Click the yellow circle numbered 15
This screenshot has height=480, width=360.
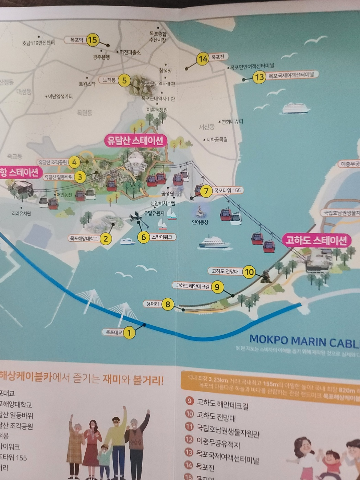tap(92, 40)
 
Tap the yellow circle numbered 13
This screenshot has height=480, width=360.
tap(260, 77)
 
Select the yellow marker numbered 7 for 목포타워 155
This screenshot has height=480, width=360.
tap(206, 191)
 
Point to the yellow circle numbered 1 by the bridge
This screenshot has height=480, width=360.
tap(129, 332)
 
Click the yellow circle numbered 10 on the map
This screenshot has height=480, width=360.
tap(249, 272)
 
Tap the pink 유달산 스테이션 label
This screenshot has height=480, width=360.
tap(135, 141)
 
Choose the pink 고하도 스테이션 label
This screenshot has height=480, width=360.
tap(316, 240)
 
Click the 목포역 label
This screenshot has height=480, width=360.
tap(76, 40)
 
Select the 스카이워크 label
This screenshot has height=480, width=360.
tap(162, 237)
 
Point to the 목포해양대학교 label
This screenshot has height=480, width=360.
tap(84, 238)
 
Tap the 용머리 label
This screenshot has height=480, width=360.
tap(152, 304)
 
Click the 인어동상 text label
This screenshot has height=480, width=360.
tap(200, 222)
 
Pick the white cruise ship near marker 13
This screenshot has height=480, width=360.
tap(296, 108)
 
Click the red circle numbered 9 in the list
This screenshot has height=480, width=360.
tap(189, 400)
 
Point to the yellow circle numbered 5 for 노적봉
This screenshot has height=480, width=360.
tap(124, 81)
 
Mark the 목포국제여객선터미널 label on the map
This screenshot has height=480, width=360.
tap(291, 75)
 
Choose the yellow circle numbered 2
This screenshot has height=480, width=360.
tap(106, 239)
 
